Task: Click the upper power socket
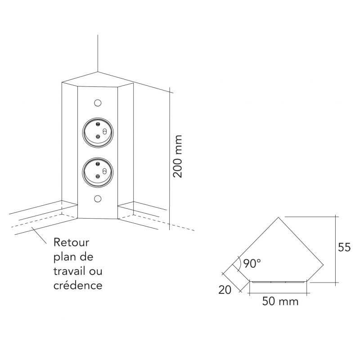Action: (98, 133)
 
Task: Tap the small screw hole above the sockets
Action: (98, 103)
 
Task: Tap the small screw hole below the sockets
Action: (98, 199)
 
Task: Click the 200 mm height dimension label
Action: (179, 156)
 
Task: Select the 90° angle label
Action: (251, 264)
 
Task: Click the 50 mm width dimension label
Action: (280, 301)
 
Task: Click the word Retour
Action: (72, 243)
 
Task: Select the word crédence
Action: (78, 285)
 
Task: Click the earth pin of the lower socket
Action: (104, 171)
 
